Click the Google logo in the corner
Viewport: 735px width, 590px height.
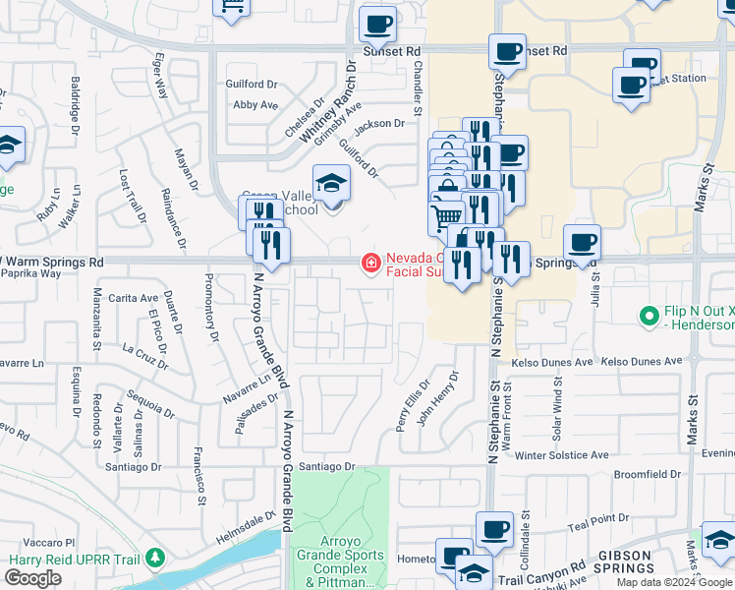(32, 578)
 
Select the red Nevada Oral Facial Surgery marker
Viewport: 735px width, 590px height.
(370, 263)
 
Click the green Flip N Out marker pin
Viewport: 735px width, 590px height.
(648, 317)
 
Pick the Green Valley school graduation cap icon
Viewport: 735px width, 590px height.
(331, 184)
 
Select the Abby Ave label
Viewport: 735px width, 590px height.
(255, 104)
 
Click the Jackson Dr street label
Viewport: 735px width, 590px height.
(379, 124)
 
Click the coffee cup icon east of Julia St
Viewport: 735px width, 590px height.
(582, 243)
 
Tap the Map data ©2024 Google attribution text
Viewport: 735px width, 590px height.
(675, 582)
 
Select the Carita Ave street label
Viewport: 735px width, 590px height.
(134, 297)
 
